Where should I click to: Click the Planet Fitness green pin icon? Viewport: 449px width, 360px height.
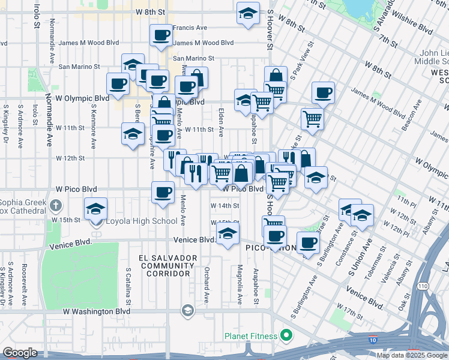click(x=286, y=335)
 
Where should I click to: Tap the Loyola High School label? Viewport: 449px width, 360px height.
click(x=142, y=221)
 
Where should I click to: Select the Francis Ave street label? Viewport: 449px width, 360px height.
click(x=190, y=28)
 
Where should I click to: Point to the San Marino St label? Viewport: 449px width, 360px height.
click(x=194, y=58)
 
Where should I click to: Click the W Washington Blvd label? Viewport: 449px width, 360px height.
click(x=97, y=311)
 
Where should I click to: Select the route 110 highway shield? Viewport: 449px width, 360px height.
click(x=424, y=280)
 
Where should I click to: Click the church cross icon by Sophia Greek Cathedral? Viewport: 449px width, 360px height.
click(x=55, y=206)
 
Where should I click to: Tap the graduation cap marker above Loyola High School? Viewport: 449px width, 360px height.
click(x=95, y=209)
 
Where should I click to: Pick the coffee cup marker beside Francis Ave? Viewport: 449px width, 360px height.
click(x=161, y=36)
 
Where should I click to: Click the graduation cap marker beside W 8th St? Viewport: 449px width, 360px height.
click(x=247, y=13)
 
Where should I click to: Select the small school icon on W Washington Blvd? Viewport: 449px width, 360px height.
click(x=187, y=310)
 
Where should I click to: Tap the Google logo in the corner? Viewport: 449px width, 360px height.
click(x=20, y=353)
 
